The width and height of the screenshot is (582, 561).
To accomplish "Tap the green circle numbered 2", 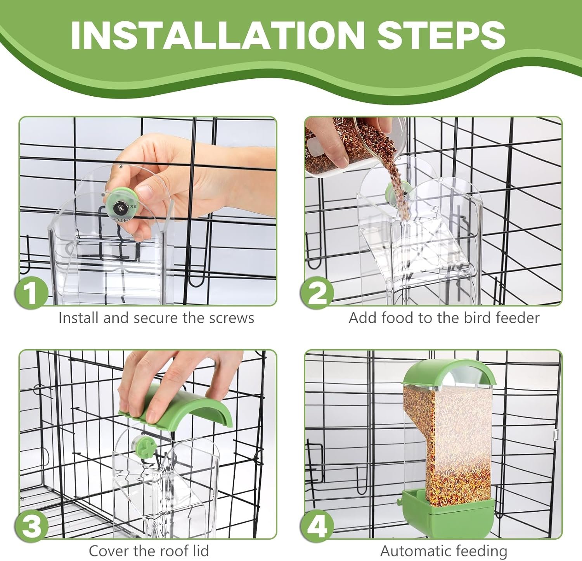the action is point(318,293).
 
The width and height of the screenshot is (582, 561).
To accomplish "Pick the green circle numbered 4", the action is point(318,526).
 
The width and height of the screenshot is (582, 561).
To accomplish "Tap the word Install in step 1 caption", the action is point(79,318).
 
